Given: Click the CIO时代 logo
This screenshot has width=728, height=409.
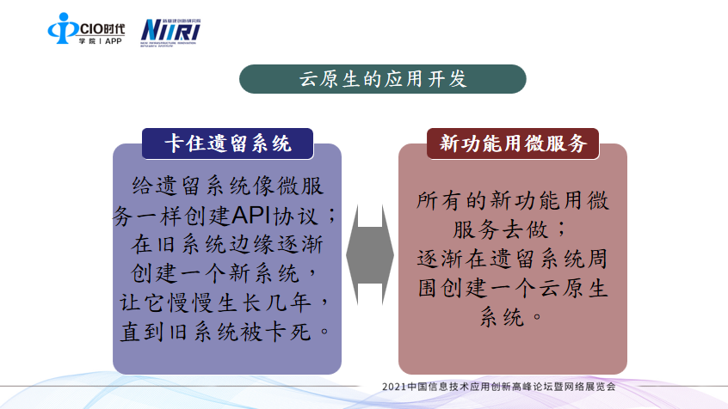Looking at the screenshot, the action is click(86, 28).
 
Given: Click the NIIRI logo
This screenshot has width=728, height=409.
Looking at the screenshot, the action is click(170, 33).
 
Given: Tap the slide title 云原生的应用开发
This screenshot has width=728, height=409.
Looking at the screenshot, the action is click(383, 79).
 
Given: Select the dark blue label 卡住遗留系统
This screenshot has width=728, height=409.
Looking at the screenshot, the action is click(227, 143).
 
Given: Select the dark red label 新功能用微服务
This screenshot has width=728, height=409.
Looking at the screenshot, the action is click(513, 143).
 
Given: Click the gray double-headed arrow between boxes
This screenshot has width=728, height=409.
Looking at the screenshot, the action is click(370, 254).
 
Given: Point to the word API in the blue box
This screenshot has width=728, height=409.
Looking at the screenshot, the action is click(250, 215).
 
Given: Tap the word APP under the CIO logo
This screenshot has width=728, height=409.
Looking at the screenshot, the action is click(114, 41).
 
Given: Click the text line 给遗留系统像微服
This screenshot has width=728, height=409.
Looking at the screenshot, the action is click(227, 186).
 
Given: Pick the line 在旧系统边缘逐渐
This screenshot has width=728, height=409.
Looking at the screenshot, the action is click(227, 244).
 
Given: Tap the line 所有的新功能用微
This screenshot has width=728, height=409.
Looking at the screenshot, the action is click(513, 201).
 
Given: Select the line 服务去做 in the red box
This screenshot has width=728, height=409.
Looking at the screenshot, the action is click(501, 230).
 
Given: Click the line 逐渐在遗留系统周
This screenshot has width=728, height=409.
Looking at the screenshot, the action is click(513, 259).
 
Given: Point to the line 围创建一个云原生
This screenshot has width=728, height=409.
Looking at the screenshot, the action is click(513, 289).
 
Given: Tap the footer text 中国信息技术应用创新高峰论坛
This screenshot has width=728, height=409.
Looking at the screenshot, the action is click(472, 387).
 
